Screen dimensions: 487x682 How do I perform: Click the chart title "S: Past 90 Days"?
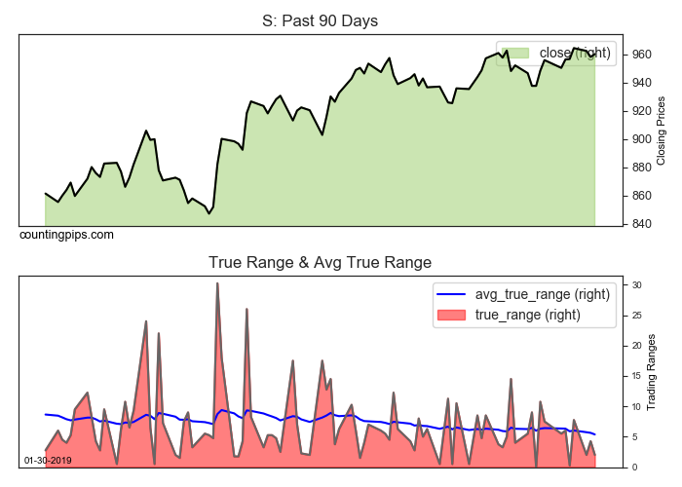[x=320, y=20]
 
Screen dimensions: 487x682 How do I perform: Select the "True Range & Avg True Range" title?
[x=320, y=262]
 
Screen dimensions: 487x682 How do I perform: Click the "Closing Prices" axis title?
[x=661, y=130]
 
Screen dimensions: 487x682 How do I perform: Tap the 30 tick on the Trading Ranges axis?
[x=635, y=285]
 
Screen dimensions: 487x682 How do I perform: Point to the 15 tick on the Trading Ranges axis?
[x=635, y=376]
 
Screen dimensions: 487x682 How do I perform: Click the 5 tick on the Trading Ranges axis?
[x=633, y=436]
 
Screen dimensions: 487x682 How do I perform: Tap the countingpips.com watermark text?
[x=66, y=235]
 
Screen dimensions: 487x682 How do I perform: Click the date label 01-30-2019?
[x=47, y=459]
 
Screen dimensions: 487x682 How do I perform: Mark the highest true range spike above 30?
[x=217, y=284]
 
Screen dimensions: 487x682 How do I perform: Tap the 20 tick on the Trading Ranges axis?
[x=635, y=346]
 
